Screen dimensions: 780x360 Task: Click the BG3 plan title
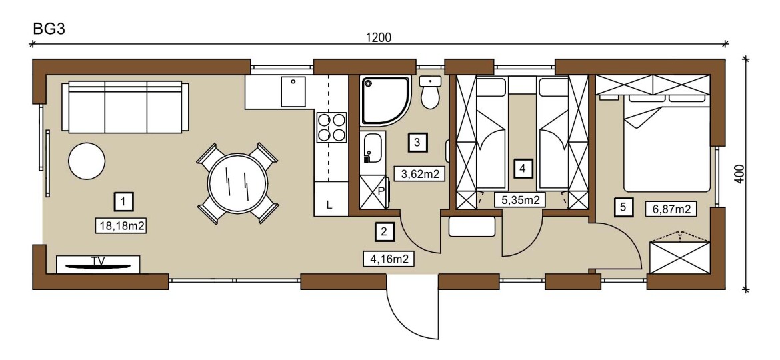point(49,29)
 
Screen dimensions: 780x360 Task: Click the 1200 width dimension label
point(379,37)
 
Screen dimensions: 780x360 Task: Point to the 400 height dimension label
point(740,174)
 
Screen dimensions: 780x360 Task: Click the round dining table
point(238,183)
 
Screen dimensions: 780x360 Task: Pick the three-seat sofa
point(125,107)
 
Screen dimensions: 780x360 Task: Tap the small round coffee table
point(87,161)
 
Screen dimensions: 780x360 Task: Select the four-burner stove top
point(331,127)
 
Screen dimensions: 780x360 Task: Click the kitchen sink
point(293,91)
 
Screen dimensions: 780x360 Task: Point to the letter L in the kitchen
point(329,205)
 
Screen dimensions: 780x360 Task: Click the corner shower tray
point(385,101)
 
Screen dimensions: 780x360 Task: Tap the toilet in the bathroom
point(430,92)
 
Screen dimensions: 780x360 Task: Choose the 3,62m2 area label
point(419,173)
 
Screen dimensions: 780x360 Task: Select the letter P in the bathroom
point(382,190)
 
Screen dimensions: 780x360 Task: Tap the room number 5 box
point(623,207)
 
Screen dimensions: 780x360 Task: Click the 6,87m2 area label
point(671,209)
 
